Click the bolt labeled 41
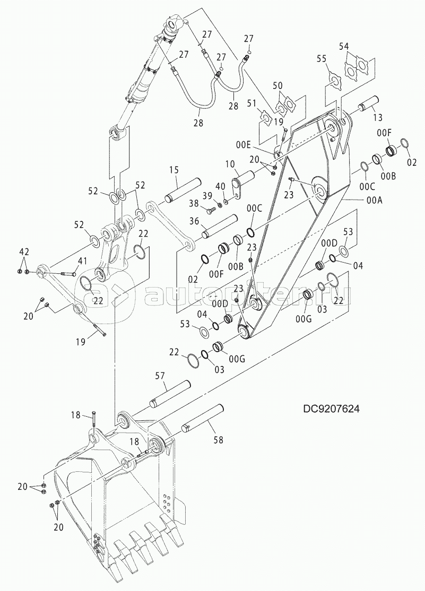62,274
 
